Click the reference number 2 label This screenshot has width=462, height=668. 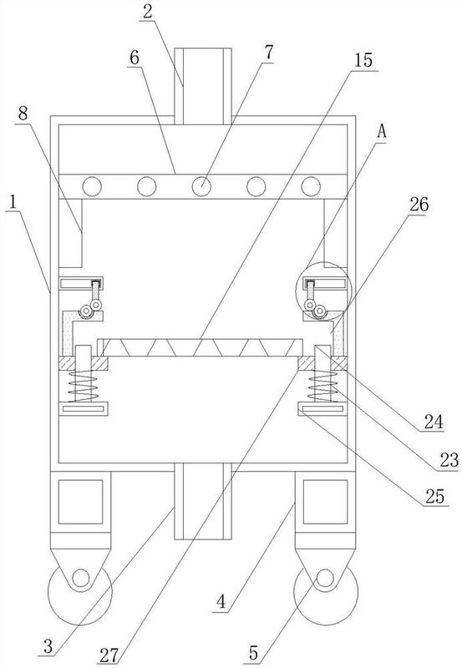click(x=148, y=12)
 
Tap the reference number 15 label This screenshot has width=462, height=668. click(x=363, y=60)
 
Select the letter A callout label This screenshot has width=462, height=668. click(x=382, y=132)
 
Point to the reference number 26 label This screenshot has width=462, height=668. click(x=419, y=205)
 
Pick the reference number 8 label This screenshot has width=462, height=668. click(x=23, y=114)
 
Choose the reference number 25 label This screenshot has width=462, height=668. click(x=434, y=496)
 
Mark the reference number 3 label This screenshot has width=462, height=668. click(x=48, y=645)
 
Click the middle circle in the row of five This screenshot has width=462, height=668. click(x=201, y=186)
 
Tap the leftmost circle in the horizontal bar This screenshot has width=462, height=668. click(x=92, y=186)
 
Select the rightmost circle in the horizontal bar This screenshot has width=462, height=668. click(x=311, y=186)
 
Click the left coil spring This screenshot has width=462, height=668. click(x=84, y=386)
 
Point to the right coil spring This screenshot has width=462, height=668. click(x=322, y=386)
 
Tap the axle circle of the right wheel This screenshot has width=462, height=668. click(x=325, y=578)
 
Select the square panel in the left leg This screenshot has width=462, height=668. click(x=80, y=502)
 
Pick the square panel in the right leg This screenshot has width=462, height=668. click(x=325, y=502)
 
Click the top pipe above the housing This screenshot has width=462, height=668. click(x=203, y=86)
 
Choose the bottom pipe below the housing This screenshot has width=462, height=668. click(x=203, y=502)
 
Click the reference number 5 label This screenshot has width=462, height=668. click(x=253, y=653)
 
